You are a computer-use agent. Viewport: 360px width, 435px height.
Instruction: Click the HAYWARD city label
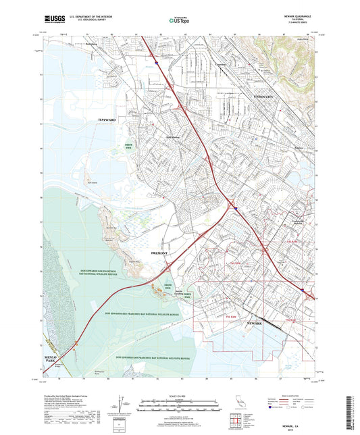[107, 120]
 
